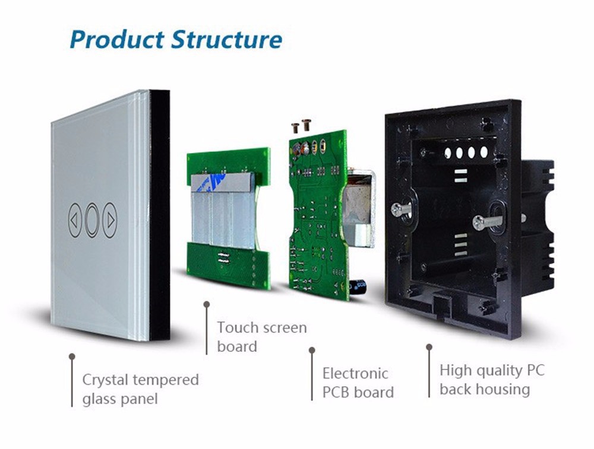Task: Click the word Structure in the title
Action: coord(226,39)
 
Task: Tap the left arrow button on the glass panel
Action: coord(74,220)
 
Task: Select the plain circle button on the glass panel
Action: coord(93,219)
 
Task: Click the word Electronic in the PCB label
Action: coord(355,373)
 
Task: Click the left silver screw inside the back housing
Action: coord(400,208)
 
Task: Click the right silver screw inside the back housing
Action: coord(487,222)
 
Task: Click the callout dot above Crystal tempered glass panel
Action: coord(72,356)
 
